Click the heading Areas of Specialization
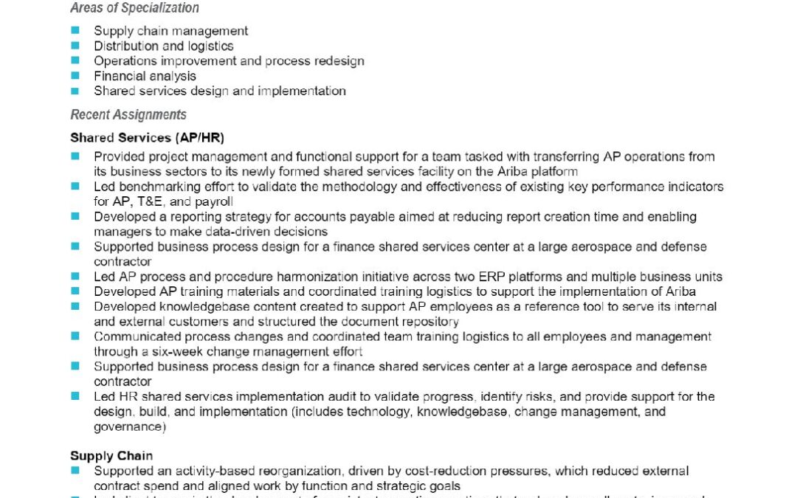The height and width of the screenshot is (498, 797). pyautogui.click(x=134, y=8)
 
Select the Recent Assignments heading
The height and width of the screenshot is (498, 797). pyautogui.click(x=128, y=114)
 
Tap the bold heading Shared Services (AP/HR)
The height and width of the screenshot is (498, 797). pyautogui.click(x=147, y=137)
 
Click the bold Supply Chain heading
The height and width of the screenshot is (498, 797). pyautogui.click(x=111, y=455)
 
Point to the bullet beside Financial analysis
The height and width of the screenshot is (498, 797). pyautogui.click(x=75, y=75)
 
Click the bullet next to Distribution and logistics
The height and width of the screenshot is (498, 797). pyautogui.click(x=75, y=46)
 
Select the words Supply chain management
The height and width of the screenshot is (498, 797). pyautogui.click(x=170, y=31)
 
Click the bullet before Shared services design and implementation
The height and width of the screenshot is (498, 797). pyautogui.click(x=75, y=91)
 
